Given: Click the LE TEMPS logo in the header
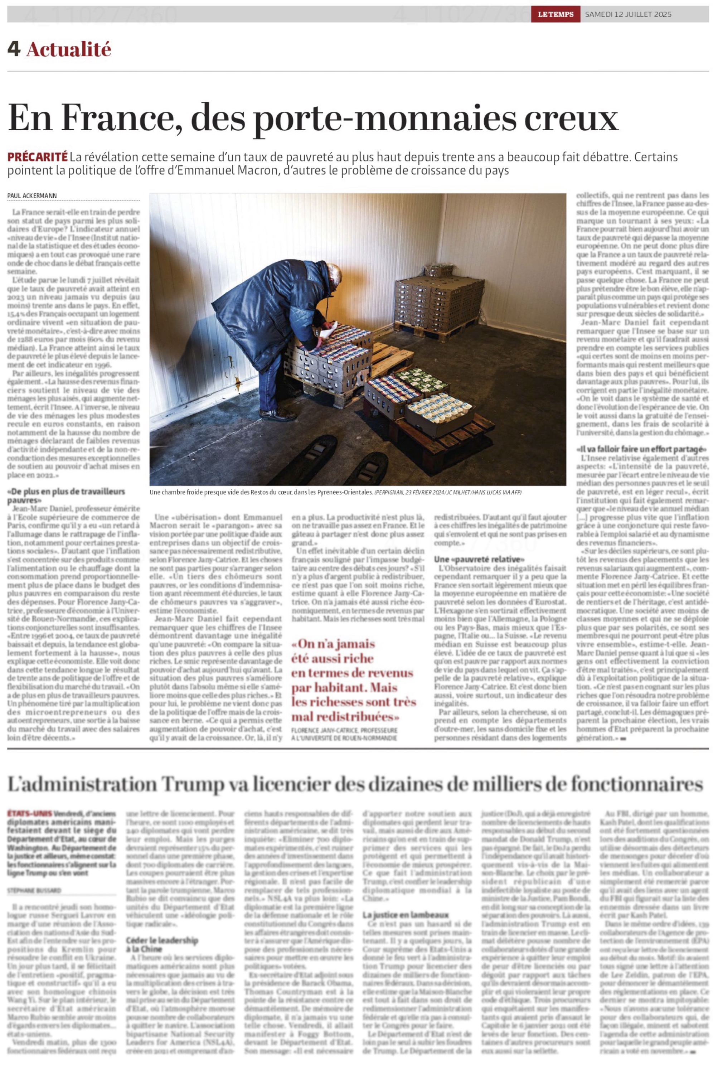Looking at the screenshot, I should pos(556,14).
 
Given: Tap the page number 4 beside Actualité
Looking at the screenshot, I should pos(13,49).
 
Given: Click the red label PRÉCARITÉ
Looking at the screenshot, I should pos(37,157).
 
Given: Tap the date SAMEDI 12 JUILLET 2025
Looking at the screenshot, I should pos(628,14).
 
